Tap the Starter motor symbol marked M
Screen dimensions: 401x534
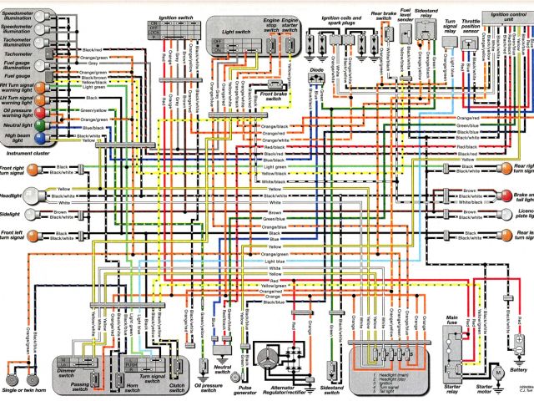496,368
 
